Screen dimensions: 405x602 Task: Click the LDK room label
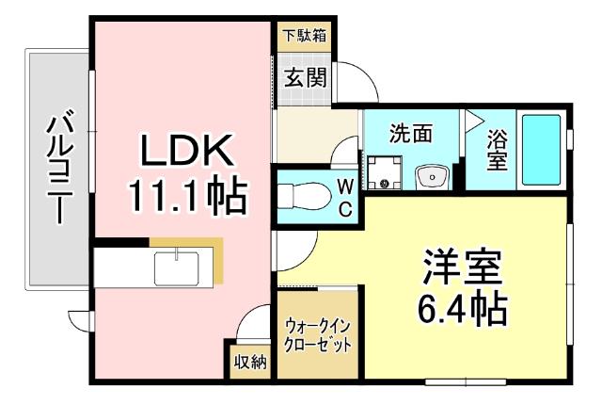pyautogui.click(x=186, y=152)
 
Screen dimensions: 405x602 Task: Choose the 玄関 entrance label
pyautogui.click(x=302, y=78)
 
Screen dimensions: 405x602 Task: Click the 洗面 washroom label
pyautogui.click(x=411, y=134)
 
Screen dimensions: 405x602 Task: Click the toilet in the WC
pyautogui.click(x=299, y=196)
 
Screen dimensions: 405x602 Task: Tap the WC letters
pyautogui.click(x=345, y=196)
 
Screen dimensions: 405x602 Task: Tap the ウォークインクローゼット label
pyautogui.click(x=318, y=336)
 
